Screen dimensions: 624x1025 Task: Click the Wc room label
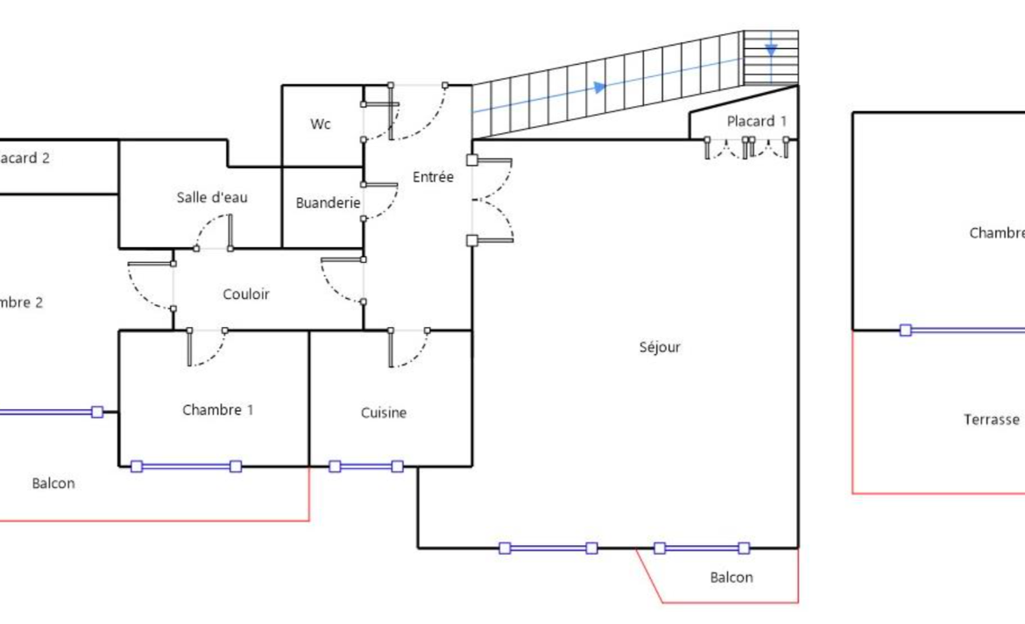(321, 124)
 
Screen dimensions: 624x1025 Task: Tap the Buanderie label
(328, 202)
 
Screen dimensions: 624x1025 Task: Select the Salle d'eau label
(212, 197)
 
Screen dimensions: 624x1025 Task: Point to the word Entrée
(433, 177)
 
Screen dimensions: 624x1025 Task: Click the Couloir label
(246, 294)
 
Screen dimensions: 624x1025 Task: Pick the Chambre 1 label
(217, 409)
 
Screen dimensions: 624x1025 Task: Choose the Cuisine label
(384, 413)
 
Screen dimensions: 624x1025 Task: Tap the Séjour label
(660, 347)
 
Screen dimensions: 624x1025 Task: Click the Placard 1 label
(757, 121)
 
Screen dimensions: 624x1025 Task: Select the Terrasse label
(992, 420)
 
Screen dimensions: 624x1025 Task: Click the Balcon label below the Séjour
(731, 578)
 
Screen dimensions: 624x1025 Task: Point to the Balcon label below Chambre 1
(53, 483)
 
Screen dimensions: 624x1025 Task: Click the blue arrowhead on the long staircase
(600, 87)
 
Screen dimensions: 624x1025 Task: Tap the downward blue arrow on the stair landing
(771, 50)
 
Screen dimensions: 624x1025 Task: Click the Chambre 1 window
(186, 466)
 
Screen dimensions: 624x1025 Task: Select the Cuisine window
(366, 466)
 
